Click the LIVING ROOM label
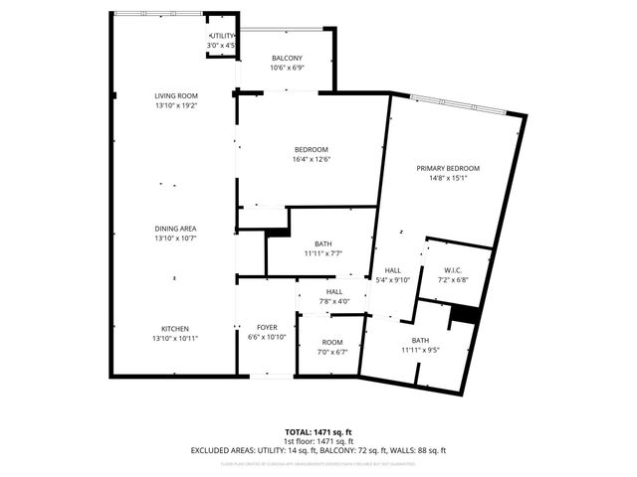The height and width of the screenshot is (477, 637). [174, 96]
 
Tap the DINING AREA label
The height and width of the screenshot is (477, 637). [174, 229]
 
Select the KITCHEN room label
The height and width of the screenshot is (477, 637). [174, 329]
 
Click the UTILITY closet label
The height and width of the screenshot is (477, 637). [221, 36]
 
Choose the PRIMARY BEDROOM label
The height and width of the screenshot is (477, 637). [448, 169]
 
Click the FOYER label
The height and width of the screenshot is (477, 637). [267, 327]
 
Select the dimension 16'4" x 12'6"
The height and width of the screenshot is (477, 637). [311, 159]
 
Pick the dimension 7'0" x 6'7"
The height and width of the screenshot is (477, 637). [331, 351]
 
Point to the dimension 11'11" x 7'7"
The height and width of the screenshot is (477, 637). [323, 253]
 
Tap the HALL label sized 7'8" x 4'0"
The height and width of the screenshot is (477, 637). [334, 291]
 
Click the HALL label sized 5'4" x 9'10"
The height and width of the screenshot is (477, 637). [392, 270]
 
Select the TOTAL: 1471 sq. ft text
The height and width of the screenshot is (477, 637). [318, 432]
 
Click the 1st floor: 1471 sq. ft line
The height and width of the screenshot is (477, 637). [318, 441]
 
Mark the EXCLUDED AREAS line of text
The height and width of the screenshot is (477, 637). [318, 450]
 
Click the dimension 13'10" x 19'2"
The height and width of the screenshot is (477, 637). [174, 105]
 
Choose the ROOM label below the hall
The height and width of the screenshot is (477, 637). [331, 342]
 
